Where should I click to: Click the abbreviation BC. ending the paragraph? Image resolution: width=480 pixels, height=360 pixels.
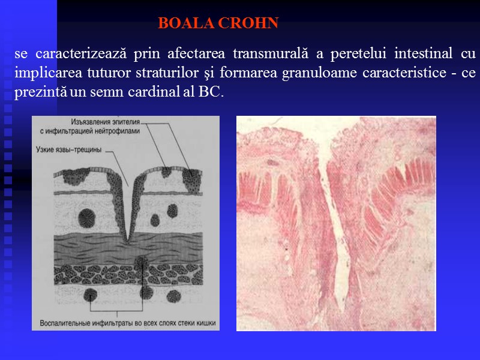pos(210,93)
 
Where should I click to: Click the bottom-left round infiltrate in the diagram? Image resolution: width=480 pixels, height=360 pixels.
pos(91,295)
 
